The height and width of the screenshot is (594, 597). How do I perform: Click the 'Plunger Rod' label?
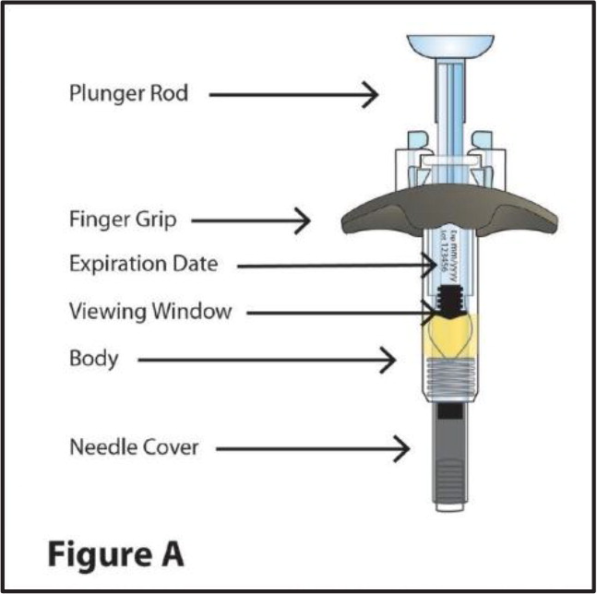(x=129, y=94)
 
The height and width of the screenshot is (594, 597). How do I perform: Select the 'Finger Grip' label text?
(x=122, y=221)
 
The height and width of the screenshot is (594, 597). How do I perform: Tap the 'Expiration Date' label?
(x=143, y=265)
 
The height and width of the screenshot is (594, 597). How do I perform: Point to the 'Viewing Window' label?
(x=149, y=312)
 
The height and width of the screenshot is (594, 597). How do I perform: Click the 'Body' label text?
(x=94, y=358)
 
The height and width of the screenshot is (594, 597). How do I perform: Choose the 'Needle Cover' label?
(x=133, y=448)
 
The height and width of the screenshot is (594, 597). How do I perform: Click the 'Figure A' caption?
(x=115, y=554)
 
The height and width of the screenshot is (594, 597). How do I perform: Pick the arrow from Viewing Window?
(x=341, y=314)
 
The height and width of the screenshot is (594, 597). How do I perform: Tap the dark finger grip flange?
(x=369, y=216)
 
